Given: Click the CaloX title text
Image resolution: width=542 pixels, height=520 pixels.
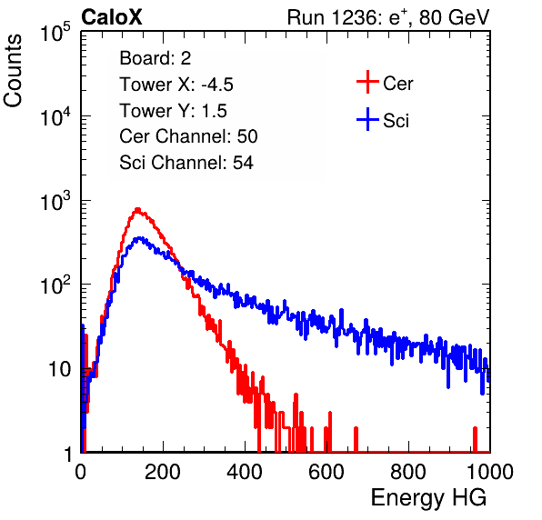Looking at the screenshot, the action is pos(111,17).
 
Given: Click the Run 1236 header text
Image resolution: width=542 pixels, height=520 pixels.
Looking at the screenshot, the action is pos(388,17).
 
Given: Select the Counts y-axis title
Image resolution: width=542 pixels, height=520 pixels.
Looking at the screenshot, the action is pos(13,71).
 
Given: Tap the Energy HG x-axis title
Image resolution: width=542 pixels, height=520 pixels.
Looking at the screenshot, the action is pos(428,498).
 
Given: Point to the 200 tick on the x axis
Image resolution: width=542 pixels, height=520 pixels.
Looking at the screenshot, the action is pos(163,472).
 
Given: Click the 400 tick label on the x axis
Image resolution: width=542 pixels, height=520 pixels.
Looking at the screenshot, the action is pos(245,472).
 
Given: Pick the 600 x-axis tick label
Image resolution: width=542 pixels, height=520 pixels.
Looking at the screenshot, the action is pos(326,472).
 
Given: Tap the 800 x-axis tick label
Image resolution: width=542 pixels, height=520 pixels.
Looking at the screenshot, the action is pos(408,472).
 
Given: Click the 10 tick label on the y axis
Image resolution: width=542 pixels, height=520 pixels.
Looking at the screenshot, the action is pos(59,369).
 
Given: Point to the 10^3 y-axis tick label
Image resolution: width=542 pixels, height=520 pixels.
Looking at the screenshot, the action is pos(55,202).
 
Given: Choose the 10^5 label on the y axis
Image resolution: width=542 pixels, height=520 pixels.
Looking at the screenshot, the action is pos(55,32).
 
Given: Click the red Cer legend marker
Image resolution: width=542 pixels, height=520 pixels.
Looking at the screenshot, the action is pos(367,82).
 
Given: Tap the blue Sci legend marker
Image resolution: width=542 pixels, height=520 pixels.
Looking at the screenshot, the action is pos(367,120).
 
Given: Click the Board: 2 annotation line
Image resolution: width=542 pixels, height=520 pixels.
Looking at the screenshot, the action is pos(156,58).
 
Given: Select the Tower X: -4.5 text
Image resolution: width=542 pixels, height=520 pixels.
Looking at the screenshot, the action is pos(176,85).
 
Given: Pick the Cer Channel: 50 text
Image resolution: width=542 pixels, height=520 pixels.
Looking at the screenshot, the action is pos(188,136).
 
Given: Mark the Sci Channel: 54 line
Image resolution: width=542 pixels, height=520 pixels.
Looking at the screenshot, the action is pos(186,163).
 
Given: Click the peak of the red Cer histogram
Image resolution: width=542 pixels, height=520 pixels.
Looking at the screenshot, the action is pos(137,209).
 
